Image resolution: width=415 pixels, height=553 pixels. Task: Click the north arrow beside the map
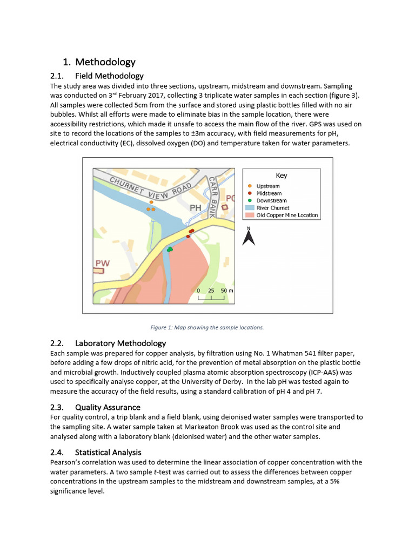[x=249, y=237]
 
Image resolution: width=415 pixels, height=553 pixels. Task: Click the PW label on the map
[x=103, y=264]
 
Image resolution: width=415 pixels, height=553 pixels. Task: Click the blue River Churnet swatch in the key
[x=249, y=207]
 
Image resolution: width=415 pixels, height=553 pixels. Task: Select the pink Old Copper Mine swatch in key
[x=249, y=215]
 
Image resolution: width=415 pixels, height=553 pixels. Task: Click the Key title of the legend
[x=282, y=176]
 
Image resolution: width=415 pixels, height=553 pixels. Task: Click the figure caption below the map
[x=207, y=327]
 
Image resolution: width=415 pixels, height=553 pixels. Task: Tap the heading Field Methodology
[x=109, y=76]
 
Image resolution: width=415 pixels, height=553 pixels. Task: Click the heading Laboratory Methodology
[x=121, y=343]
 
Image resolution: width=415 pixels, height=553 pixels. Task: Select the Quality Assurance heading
[x=108, y=407]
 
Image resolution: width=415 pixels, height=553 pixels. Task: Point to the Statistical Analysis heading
[x=108, y=452]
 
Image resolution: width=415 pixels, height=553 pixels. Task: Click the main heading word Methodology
[x=105, y=62]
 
